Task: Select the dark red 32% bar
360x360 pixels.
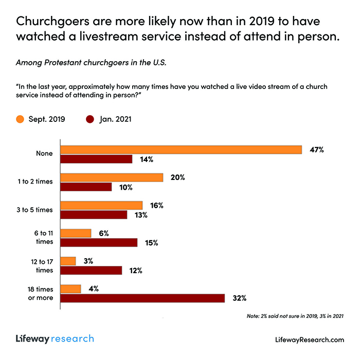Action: tap(143, 298)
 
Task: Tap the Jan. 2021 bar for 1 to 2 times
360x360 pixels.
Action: tap(86, 187)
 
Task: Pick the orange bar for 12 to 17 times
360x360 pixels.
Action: tap(68, 261)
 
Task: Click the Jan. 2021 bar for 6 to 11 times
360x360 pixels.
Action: tap(99, 242)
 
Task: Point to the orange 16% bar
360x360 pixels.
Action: tap(102, 205)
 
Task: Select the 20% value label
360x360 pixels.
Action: tap(178, 177)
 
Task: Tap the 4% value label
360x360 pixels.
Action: tap(94, 289)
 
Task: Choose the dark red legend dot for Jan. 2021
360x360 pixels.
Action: tap(89, 120)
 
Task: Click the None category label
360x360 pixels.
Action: tap(44, 154)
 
